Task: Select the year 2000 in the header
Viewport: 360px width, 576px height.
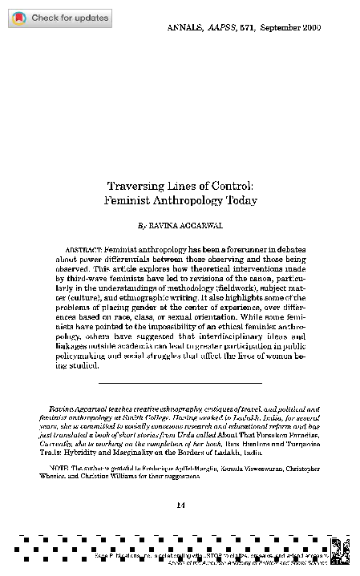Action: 312,27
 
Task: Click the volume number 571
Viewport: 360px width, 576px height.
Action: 247,27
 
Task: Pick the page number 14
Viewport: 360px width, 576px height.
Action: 180,504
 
